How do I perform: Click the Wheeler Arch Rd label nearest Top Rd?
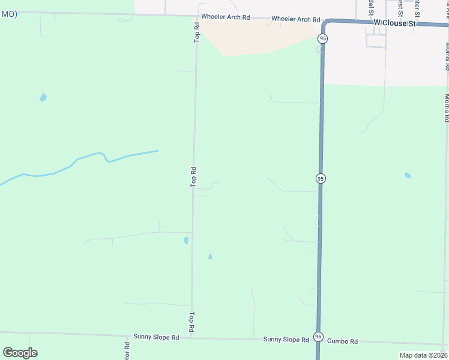(x=226, y=17)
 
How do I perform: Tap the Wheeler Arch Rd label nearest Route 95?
(x=295, y=19)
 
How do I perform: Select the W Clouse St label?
(x=394, y=23)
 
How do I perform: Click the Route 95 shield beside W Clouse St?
(x=323, y=38)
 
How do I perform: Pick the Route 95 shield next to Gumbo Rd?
(x=318, y=337)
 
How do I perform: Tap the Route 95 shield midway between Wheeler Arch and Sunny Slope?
(x=321, y=178)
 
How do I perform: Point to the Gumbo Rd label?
(x=343, y=341)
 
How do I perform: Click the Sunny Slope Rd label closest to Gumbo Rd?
(x=286, y=340)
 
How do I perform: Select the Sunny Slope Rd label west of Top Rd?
(x=156, y=338)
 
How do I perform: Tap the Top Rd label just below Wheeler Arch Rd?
(x=196, y=32)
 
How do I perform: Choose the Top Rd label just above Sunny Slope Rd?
(x=192, y=322)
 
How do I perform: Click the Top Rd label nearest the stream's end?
(x=193, y=176)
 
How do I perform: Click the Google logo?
(x=20, y=353)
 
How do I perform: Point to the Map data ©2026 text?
(x=424, y=355)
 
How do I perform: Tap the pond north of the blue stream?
(x=43, y=97)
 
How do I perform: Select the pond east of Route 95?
(x=408, y=176)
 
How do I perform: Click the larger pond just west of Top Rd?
(x=186, y=241)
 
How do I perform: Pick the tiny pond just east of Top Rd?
(x=209, y=257)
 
